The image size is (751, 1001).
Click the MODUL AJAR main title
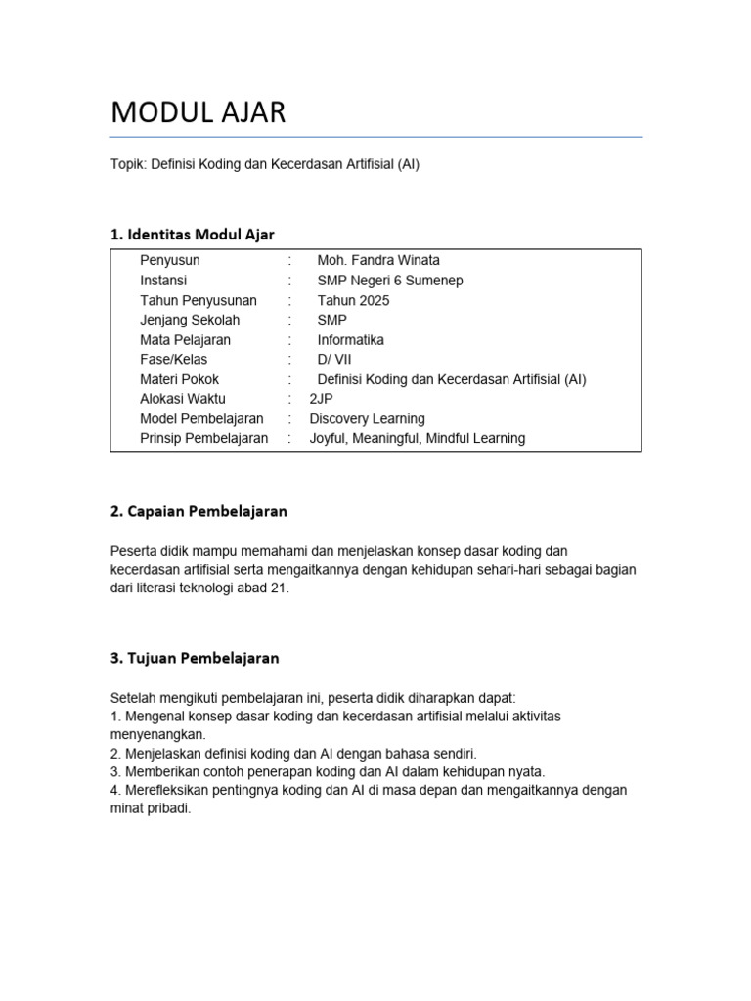[199, 112]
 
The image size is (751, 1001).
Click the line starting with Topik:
[265, 164]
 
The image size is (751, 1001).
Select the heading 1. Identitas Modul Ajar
[193, 234]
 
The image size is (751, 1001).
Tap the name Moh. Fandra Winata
[378, 260]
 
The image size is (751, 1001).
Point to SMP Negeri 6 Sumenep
[376, 281]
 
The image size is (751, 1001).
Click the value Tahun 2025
[353, 300]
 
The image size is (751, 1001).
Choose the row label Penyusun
[170, 260]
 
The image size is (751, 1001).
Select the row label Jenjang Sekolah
[190, 320]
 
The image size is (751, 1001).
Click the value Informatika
[350, 340]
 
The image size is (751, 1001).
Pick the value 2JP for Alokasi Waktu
[321, 399]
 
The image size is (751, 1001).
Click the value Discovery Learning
[367, 418]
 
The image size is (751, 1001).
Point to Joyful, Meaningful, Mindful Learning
[417, 438]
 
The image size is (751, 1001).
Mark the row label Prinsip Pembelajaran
[203, 438]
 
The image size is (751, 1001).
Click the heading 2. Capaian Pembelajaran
[199, 511]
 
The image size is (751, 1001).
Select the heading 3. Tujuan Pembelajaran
[195, 658]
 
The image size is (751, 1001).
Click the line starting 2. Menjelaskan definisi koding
[292, 753]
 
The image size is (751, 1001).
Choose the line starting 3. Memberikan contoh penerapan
[328, 771]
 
